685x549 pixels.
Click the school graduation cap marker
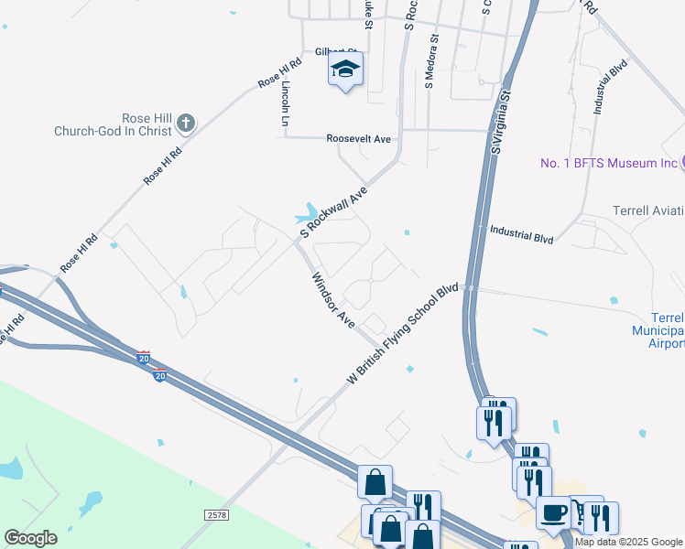tap(346, 70)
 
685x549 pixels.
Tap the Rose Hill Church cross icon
tap(185, 122)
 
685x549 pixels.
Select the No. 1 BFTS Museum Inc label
tap(607, 163)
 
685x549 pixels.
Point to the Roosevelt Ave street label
tap(359, 139)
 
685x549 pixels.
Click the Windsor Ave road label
tap(332, 300)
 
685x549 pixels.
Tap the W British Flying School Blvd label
tap(402, 335)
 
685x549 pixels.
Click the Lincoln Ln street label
tap(287, 103)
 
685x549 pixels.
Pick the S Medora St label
tap(430, 61)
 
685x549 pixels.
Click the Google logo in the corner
tap(30, 538)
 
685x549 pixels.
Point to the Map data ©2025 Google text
tap(628, 543)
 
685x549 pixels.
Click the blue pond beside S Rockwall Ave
tap(306, 214)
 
